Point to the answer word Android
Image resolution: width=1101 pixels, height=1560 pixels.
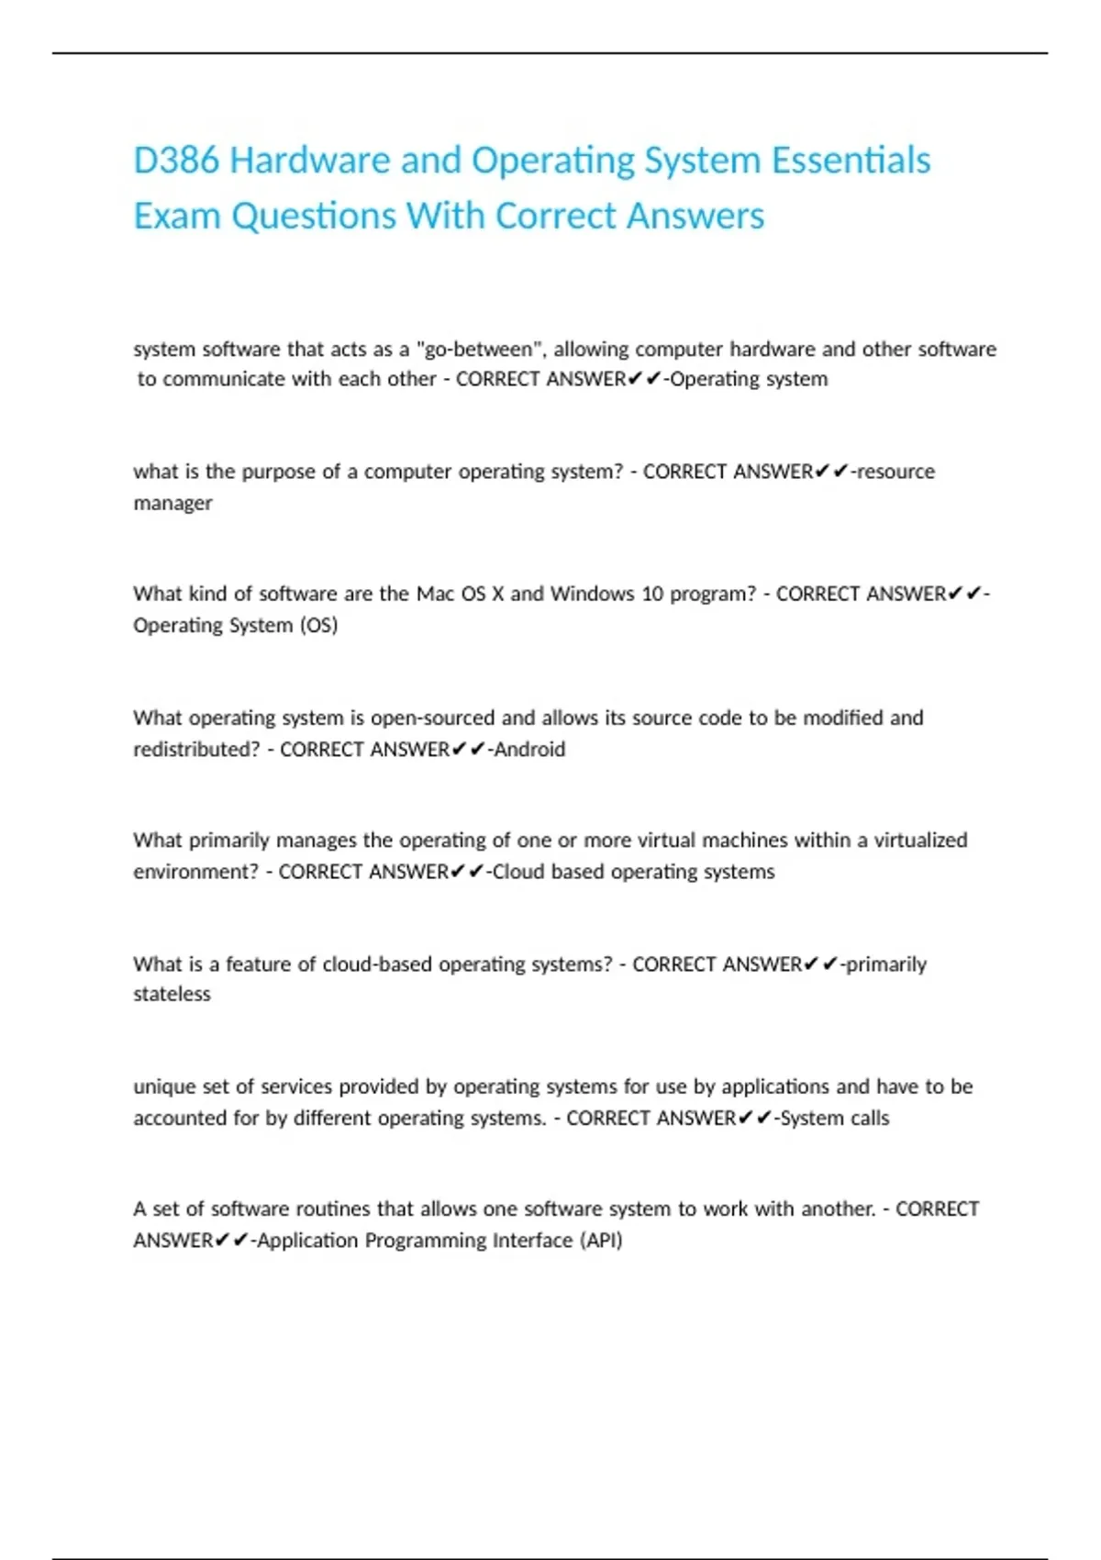click(529, 750)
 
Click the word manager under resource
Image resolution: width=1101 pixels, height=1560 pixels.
click(172, 504)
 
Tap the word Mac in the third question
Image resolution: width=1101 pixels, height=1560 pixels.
click(436, 594)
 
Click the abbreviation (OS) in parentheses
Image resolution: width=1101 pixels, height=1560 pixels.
click(318, 626)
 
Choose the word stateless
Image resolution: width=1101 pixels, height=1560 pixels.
click(172, 995)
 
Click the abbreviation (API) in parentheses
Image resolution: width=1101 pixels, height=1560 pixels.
click(601, 1241)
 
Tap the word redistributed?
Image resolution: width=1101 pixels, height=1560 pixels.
click(196, 750)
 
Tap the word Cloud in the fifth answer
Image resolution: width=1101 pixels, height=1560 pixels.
click(518, 872)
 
